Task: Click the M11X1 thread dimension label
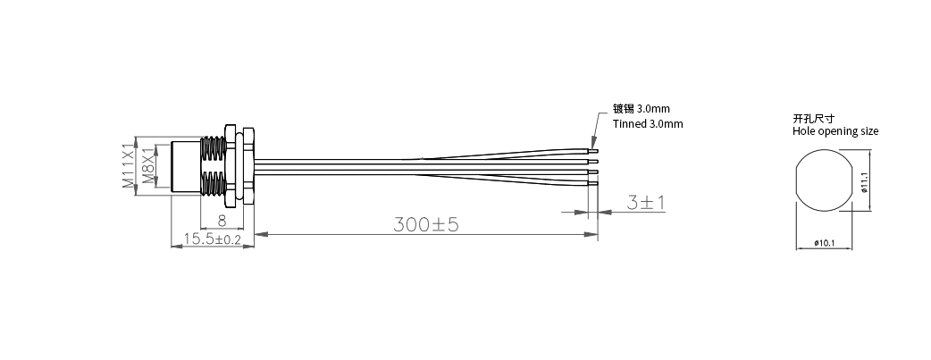click(x=129, y=166)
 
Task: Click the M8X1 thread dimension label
click(x=148, y=166)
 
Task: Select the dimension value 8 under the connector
click(x=222, y=221)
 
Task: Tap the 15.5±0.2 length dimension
click(x=213, y=239)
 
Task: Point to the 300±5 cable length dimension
click(x=426, y=224)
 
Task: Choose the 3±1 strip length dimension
click(x=646, y=203)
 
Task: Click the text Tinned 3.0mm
click(x=648, y=124)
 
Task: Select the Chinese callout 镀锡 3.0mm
click(x=642, y=109)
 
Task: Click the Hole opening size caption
click(x=835, y=131)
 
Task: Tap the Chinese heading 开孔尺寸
click(x=813, y=118)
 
